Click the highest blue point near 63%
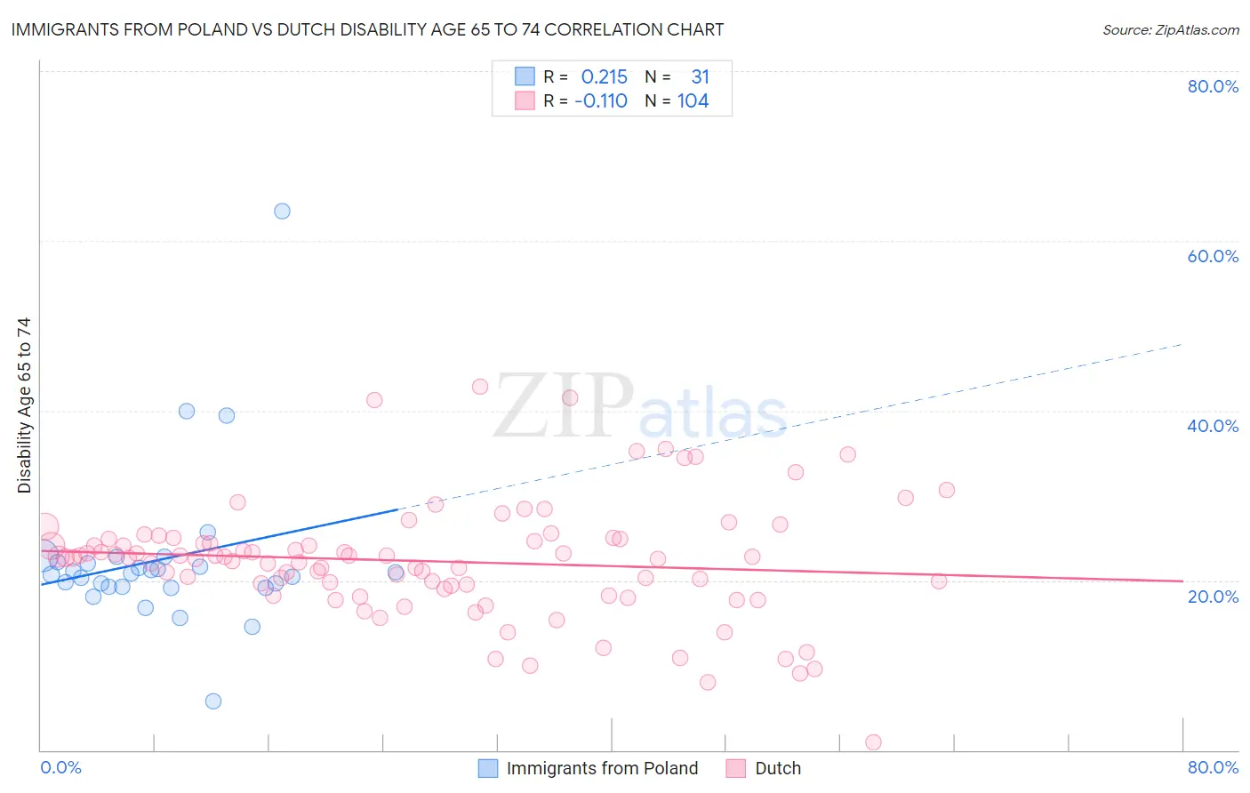click(282, 211)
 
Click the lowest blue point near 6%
click(213, 701)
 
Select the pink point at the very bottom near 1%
click(873, 742)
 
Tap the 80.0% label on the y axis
click(1213, 86)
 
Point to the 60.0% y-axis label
click(1213, 256)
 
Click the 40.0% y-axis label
click(1213, 426)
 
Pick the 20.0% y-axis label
click(1213, 597)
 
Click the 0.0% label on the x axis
click(60, 767)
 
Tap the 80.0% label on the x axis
click(1213, 767)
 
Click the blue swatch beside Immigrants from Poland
click(488, 768)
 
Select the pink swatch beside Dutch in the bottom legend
click(735, 768)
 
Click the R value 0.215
click(604, 77)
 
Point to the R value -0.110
click(601, 101)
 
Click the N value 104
click(693, 101)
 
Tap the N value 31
click(700, 77)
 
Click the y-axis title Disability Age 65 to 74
click(24, 405)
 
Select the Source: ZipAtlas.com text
click(1170, 30)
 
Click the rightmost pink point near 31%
click(947, 490)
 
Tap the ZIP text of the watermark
click(564, 405)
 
